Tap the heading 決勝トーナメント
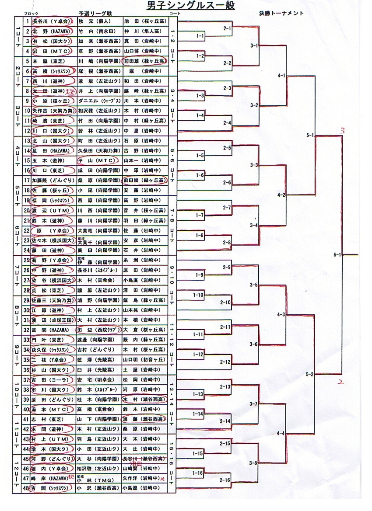tap(281, 13)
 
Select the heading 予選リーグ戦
tap(93, 14)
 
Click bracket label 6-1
tap(337, 254)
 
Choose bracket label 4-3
tap(281, 314)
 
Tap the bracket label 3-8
tap(253, 462)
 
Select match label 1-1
tap(200, 35)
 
